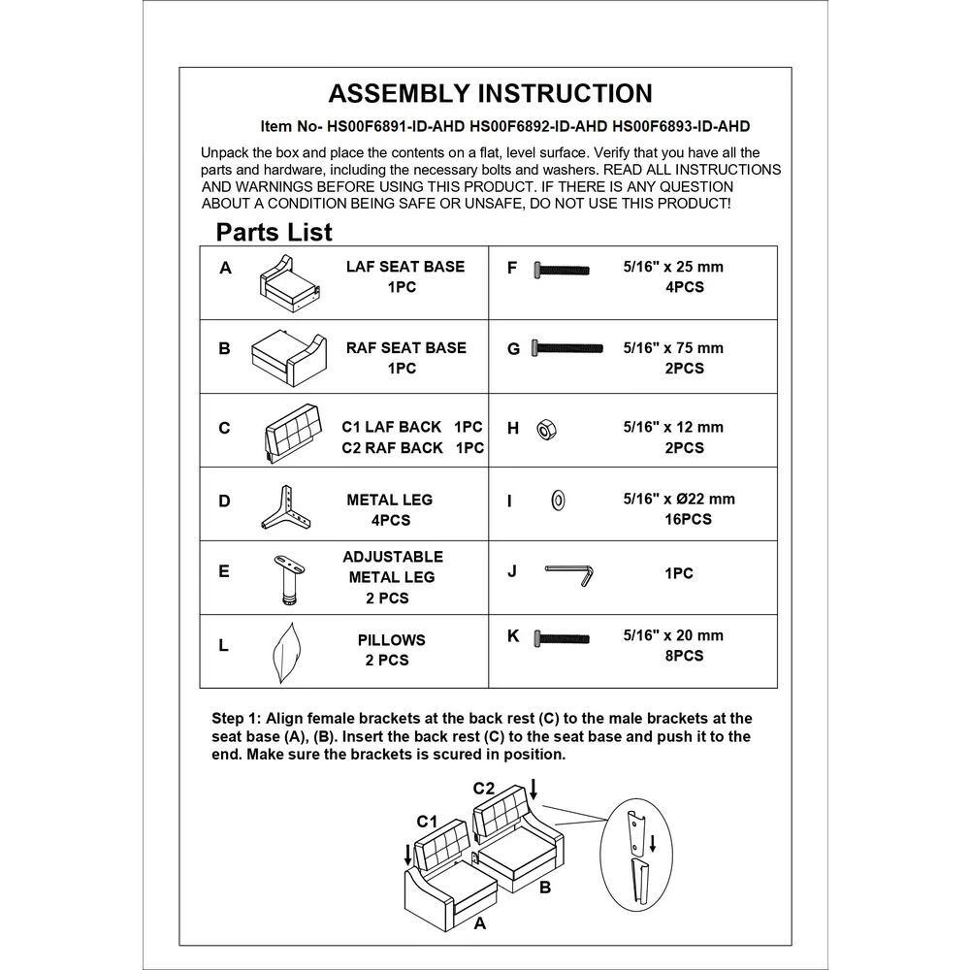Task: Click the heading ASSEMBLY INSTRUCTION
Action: point(490,93)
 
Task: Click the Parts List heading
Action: point(274,232)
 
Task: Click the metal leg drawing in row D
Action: point(284,509)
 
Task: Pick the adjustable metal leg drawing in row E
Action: point(288,579)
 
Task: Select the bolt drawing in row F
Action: point(562,269)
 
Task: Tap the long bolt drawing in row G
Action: point(567,347)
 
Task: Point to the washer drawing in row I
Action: point(558,501)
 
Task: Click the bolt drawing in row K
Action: point(562,637)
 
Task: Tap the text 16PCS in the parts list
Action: point(682,519)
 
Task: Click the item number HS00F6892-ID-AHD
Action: point(538,126)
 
